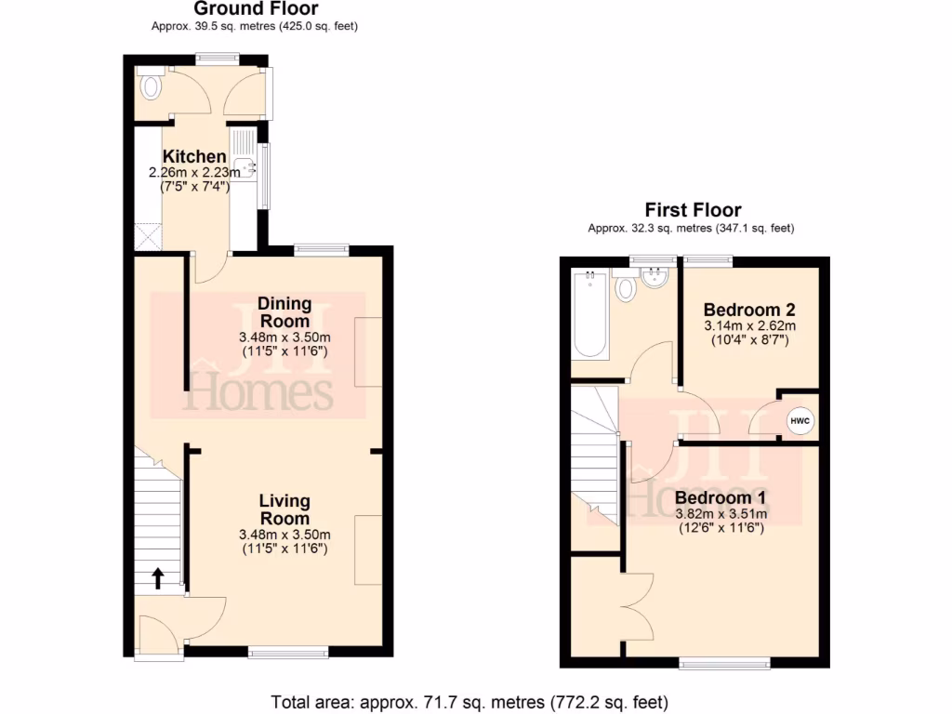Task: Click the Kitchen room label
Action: point(194,157)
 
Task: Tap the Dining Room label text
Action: point(284,311)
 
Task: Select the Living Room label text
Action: point(284,509)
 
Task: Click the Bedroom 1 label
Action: point(721,497)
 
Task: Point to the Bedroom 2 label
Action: point(749,310)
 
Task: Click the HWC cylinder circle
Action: point(800,421)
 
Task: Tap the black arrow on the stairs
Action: point(156,579)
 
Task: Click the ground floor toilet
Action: point(150,86)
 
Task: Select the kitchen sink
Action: point(245,168)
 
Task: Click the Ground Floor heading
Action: point(255,8)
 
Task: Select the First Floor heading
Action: point(693,210)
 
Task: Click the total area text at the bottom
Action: point(469,701)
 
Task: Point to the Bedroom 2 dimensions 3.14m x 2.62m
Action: point(749,326)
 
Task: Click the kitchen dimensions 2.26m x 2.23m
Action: point(194,173)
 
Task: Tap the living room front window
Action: point(287,654)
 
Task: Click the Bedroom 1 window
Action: point(724,663)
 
